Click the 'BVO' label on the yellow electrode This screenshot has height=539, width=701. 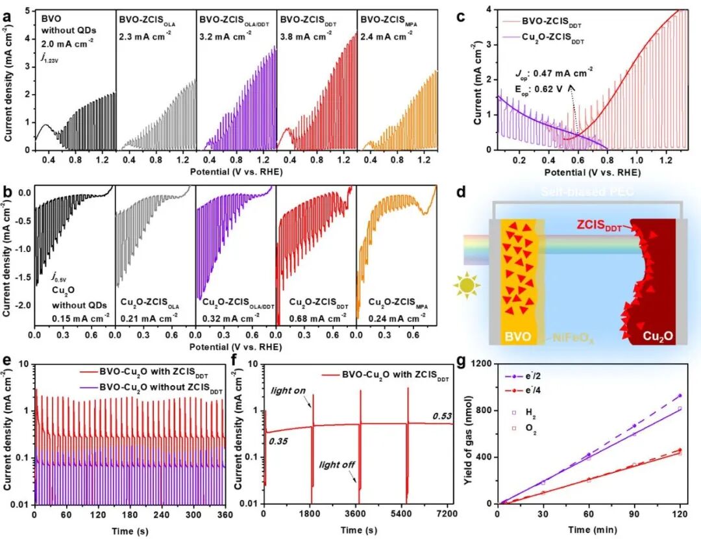(517, 338)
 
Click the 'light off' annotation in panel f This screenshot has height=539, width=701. (337, 464)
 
